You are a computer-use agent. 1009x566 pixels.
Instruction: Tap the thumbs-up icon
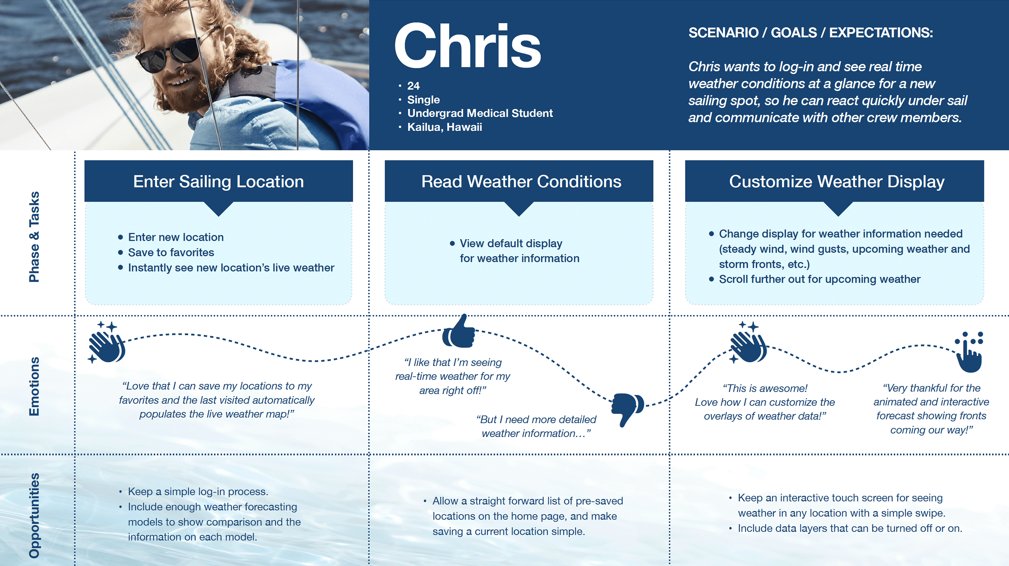click(x=459, y=332)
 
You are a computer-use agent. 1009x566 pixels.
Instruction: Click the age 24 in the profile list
click(x=413, y=86)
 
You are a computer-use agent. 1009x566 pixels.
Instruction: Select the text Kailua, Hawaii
click(x=445, y=127)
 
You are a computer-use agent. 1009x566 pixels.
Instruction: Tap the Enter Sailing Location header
click(x=218, y=182)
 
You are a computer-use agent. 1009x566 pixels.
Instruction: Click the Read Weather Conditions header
click(x=521, y=182)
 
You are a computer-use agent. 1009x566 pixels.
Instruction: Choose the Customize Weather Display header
click(x=837, y=182)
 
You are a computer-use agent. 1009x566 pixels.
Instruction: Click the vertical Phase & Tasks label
click(x=35, y=236)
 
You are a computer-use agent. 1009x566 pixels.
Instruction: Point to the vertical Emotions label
click(x=35, y=386)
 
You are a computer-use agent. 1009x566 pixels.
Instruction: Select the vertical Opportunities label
click(x=35, y=515)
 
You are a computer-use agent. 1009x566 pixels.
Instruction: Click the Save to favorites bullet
click(x=171, y=253)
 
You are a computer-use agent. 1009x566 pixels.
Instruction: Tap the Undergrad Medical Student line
click(x=480, y=113)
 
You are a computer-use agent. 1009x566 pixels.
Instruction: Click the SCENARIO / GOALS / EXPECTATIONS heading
click(x=810, y=33)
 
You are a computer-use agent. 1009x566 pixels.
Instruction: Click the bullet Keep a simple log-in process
click(x=198, y=492)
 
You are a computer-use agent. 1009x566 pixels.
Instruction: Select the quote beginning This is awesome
click(x=765, y=402)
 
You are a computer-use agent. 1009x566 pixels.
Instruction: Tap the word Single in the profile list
click(x=423, y=99)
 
